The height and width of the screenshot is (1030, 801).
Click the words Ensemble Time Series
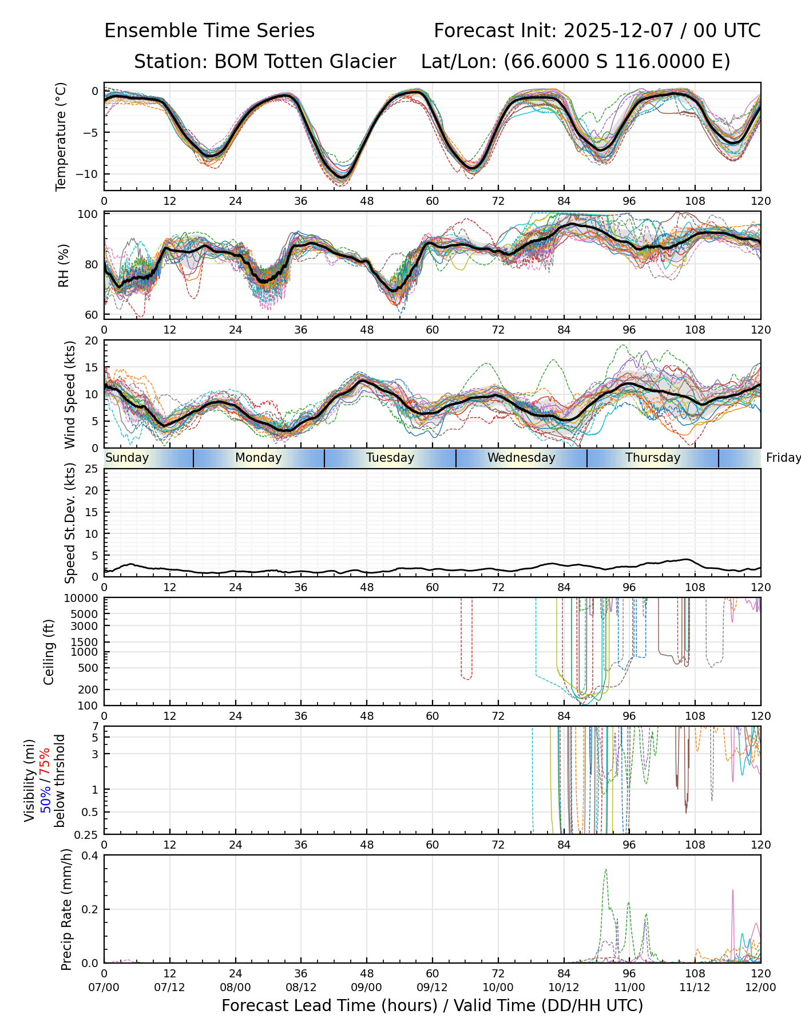[209, 31]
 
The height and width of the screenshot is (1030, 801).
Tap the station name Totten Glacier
[304, 62]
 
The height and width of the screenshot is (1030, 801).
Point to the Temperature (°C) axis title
[61, 136]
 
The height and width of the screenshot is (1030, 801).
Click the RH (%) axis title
[64, 266]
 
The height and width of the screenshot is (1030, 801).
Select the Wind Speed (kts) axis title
[70, 394]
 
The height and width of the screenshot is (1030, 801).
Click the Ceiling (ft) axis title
[49, 652]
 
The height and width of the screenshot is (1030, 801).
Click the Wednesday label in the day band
[521, 458]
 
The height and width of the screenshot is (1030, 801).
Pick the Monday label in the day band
[259, 458]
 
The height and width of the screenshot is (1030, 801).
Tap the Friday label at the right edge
[783, 458]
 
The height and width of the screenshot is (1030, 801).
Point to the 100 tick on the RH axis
[89, 215]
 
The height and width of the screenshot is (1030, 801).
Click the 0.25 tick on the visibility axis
[87, 834]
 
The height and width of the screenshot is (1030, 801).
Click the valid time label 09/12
[432, 987]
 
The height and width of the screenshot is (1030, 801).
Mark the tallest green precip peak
[606, 870]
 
